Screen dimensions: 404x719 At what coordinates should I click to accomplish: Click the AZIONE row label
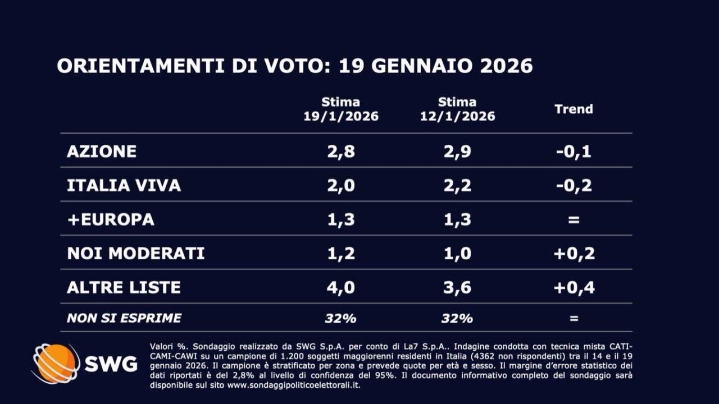pos(102,151)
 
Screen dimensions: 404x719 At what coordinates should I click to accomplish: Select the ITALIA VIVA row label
pos(124,186)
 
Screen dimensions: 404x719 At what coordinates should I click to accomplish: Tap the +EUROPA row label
pos(110,219)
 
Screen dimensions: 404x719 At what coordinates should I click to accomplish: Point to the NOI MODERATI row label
pos(135,254)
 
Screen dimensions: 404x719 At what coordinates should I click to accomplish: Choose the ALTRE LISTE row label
pos(124,288)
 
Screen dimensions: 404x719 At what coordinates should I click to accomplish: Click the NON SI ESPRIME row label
pos(124,318)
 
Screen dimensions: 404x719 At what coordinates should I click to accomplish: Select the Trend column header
pos(574,109)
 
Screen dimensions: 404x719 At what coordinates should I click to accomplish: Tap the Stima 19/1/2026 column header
pos(341,109)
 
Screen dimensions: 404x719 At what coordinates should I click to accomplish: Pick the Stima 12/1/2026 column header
pos(457,109)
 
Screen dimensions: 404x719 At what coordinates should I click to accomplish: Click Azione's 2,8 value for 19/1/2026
pos(341,151)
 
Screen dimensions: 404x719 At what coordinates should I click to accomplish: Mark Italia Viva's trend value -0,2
pos(574,186)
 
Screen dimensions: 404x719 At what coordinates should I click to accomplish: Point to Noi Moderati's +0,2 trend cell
pos(574,254)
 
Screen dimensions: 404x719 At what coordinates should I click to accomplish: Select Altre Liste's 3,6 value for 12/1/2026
pos(457,288)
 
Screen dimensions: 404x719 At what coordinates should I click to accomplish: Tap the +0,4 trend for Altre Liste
pos(574,288)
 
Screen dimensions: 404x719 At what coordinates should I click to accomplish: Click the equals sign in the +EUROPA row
pos(574,220)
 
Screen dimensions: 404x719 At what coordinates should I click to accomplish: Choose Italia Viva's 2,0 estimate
pos(341,186)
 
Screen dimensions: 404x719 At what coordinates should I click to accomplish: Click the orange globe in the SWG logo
pos(55,364)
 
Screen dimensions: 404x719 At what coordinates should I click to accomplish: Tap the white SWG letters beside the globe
pos(111,364)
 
